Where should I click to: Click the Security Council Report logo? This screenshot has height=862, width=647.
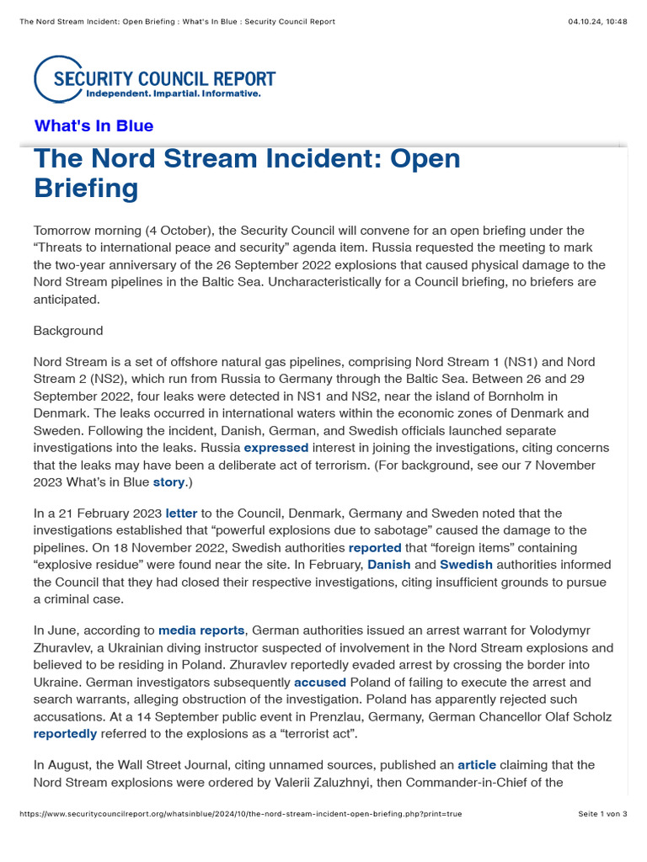(155, 79)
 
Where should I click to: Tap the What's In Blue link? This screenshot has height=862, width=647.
(94, 126)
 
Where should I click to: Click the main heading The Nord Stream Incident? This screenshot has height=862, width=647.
(247, 173)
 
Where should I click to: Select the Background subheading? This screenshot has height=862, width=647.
(68, 331)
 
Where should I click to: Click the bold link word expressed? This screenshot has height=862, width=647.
(276, 448)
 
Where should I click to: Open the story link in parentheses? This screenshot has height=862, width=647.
(168, 482)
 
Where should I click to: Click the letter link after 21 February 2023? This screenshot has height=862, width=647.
(181, 513)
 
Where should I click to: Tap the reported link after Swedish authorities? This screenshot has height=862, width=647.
(375, 547)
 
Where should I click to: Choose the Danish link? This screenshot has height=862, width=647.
(389, 564)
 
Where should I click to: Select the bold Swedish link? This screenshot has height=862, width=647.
(466, 564)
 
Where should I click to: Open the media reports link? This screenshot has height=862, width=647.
(201, 630)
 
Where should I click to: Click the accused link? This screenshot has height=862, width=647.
(319, 682)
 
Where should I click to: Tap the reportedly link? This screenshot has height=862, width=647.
(65, 733)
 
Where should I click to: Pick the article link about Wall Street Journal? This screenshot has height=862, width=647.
(477, 765)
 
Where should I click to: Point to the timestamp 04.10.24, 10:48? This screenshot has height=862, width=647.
(597, 21)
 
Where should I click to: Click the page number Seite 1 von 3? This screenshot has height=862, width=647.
(602, 814)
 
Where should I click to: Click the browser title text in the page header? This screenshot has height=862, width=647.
(176, 21)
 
